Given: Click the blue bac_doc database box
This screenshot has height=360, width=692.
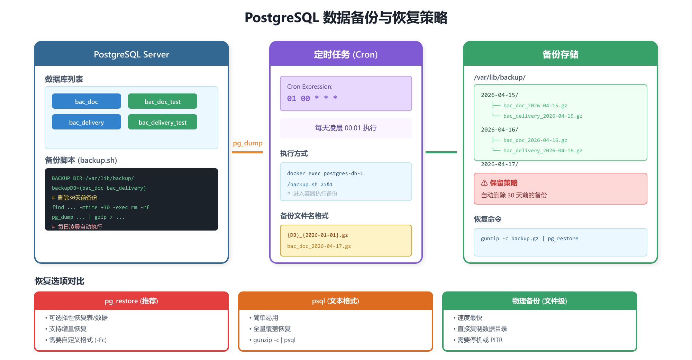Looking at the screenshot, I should [x=86, y=101].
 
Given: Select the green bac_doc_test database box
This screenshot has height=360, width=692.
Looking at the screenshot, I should [x=163, y=101].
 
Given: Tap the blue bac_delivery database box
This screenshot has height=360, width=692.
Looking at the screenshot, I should [x=86, y=122].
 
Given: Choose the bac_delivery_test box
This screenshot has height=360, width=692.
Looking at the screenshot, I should [x=163, y=122].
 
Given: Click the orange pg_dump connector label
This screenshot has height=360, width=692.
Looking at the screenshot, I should [x=247, y=143].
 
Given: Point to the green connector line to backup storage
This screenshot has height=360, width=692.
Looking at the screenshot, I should [x=441, y=152].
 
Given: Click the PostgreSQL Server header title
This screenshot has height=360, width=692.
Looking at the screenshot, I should [x=131, y=54].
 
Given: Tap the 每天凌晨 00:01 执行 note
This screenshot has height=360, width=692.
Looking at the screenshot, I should [x=346, y=128].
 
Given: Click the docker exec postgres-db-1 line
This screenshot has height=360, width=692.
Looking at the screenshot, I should [x=325, y=173].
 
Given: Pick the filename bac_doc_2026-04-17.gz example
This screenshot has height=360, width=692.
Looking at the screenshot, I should [x=319, y=246].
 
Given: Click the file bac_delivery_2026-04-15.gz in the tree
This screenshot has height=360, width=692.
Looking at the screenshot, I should [x=543, y=116].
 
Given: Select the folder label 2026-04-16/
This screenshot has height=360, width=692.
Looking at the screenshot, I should [x=500, y=130].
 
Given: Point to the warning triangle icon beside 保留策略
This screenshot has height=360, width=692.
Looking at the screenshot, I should [x=484, y=183].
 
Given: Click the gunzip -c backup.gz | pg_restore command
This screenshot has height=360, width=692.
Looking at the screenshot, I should [x=529, y=238].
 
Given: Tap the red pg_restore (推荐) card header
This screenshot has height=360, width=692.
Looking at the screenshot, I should [x=131, y=301].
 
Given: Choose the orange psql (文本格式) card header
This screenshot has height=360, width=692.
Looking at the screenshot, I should [x=336, y=301].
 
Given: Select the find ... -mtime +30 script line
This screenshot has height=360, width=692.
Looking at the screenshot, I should [x=101, y=207].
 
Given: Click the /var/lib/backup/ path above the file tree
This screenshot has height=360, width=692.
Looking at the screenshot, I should [x=500, y=78].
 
